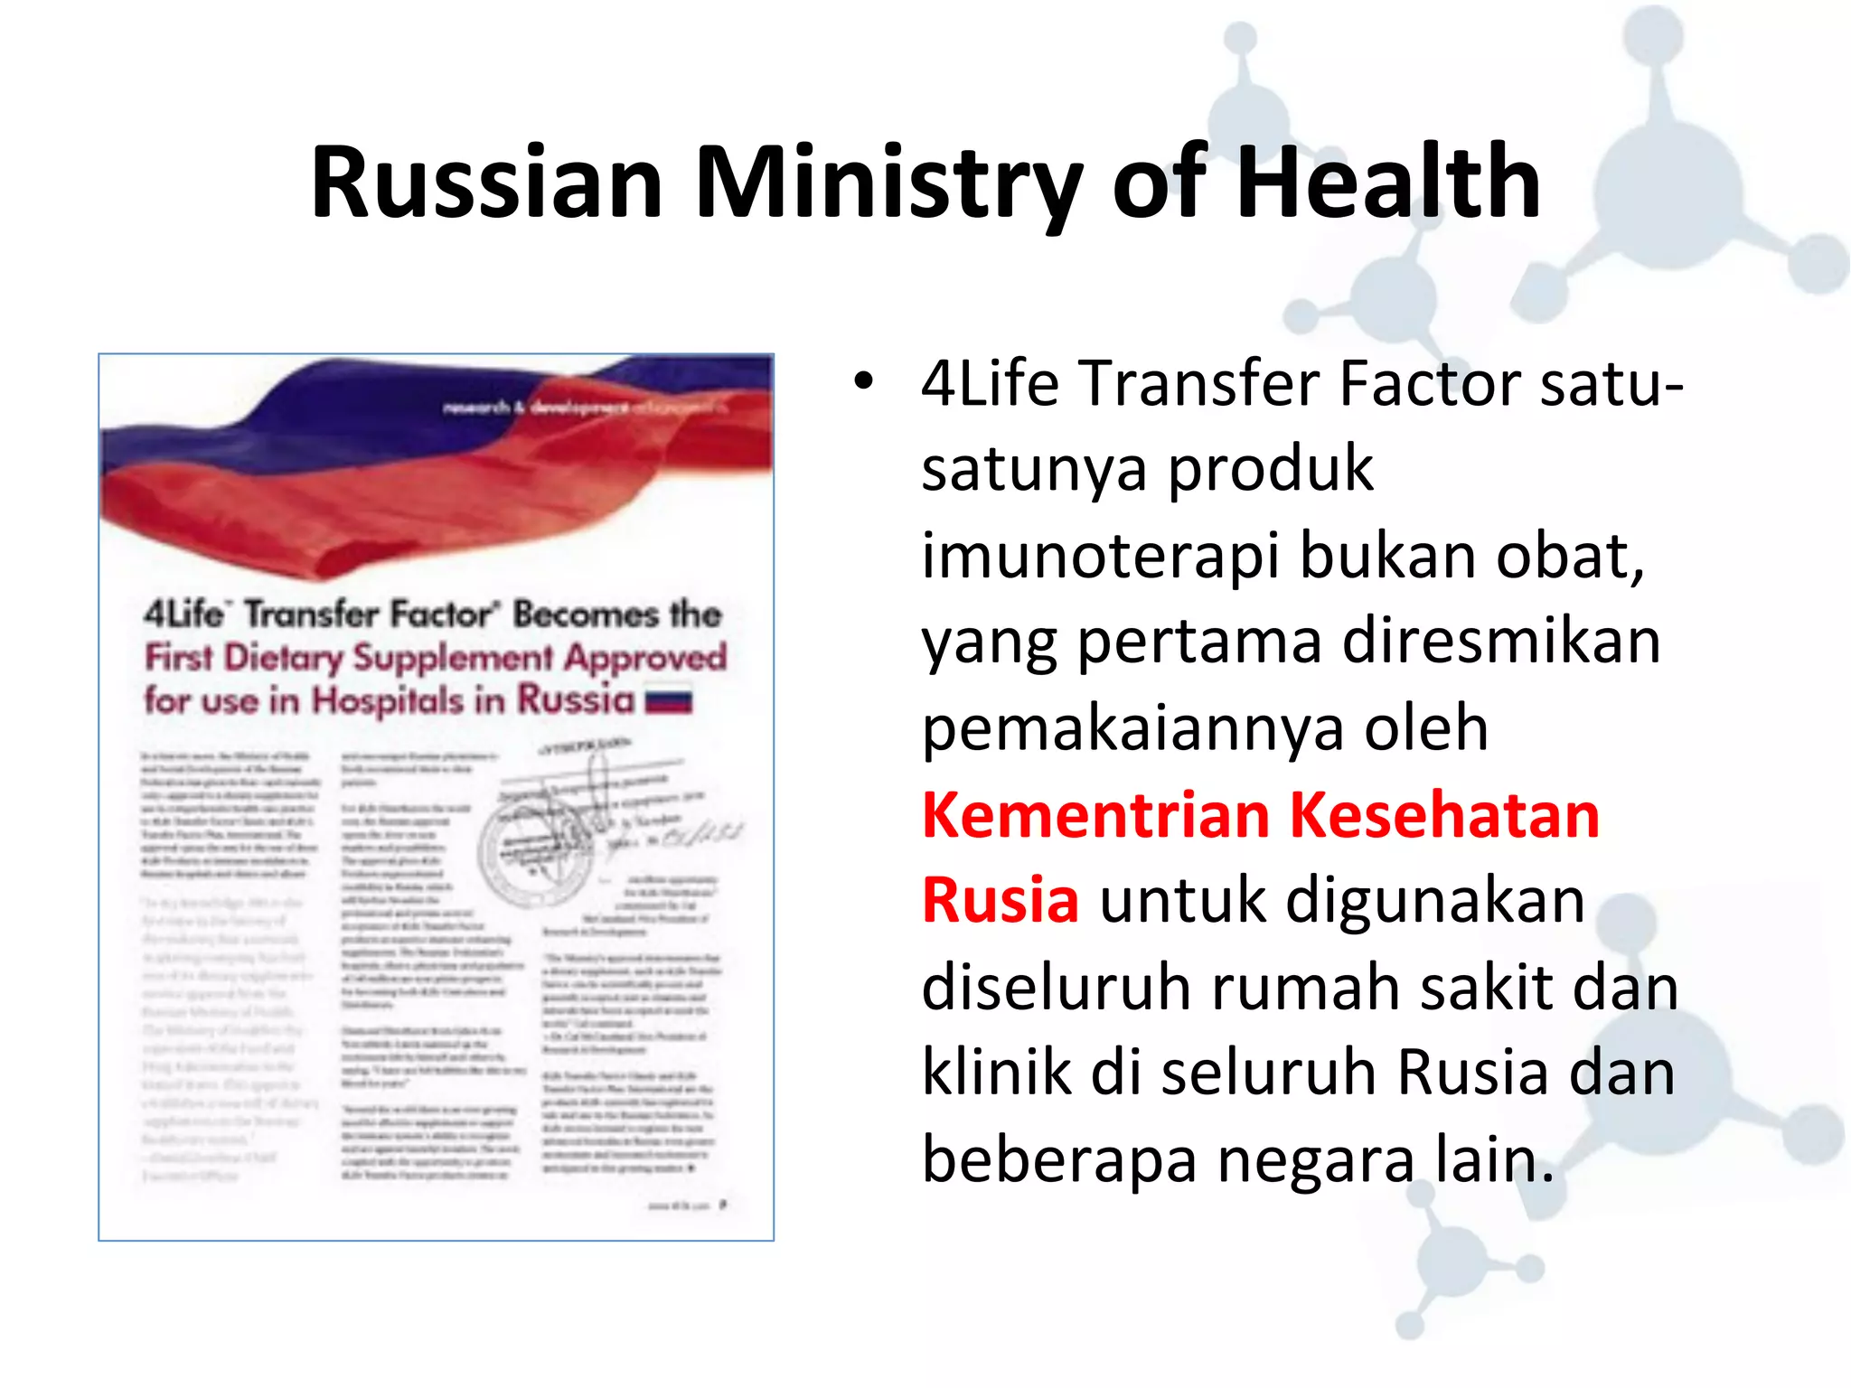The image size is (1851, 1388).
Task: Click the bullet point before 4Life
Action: point(864,382)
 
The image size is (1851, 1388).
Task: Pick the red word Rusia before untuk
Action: point(1000,901)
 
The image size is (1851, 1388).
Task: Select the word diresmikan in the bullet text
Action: point(1501,642)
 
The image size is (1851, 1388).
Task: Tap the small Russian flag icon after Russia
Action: point(669,702)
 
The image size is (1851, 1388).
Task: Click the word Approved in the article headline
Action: point(645,657)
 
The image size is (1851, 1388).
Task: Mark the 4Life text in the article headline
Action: point(184,614)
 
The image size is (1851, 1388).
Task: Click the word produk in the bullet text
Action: point(1271,469)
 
